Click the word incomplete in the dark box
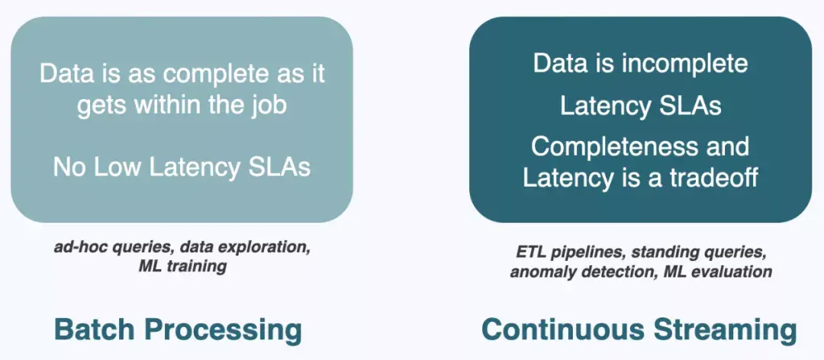[684, 63]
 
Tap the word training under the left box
[199, 266]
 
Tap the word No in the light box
[69, 167]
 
